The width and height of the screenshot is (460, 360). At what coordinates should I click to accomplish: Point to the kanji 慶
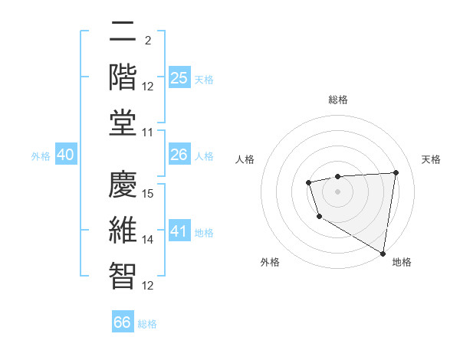(x=123, y=183)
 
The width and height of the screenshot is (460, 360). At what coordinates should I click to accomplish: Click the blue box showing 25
(x=179, y=78)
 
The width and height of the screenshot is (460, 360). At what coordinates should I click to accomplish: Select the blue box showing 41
(x=179, y=231)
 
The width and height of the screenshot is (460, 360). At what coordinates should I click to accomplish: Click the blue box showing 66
(x=123, y=322)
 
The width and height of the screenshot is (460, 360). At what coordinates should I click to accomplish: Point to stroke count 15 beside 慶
(x=149, y=193)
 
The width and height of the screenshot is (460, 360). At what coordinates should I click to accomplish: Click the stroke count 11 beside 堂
(x=149, y=133)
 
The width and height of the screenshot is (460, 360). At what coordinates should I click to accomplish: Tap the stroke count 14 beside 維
(x=149, y=240)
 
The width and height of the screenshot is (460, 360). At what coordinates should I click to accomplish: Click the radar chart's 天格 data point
(x=396, y=172)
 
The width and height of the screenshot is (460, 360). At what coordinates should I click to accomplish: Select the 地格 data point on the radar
(x=383, y=254)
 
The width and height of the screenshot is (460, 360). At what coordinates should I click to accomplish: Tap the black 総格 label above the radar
(x=337, y=100)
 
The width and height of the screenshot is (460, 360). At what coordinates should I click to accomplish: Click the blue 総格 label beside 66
(x=147, y=324)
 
